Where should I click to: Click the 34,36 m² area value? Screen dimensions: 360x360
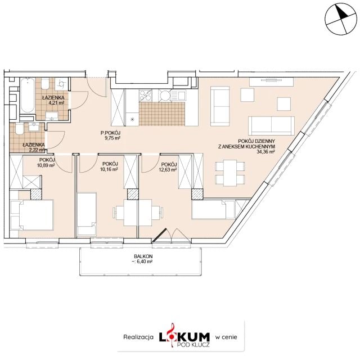[266, 151]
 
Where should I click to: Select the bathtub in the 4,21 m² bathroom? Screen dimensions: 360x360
[28, 95]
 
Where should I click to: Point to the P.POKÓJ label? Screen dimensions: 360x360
[110, 133]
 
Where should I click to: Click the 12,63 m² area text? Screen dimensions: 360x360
[168, 170]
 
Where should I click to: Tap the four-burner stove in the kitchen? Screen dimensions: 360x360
[145, 96]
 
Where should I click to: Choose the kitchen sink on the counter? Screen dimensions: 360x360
[178, 95]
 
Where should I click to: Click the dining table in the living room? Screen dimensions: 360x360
[230, 173]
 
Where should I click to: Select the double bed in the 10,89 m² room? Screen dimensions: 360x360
[32, 215]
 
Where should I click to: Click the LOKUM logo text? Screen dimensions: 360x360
[184, 337]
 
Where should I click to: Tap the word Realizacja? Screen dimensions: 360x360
[138, 337]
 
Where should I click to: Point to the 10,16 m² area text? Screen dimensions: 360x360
[109, 169]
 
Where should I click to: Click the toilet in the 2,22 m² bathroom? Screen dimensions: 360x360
[19, 129]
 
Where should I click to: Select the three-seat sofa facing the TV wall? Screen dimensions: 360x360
[271, 126]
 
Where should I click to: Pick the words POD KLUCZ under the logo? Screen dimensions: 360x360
[193, 344]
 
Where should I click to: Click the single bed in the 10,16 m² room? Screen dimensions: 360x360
[87, 214]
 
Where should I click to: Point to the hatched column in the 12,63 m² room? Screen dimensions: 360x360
[197, 194]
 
